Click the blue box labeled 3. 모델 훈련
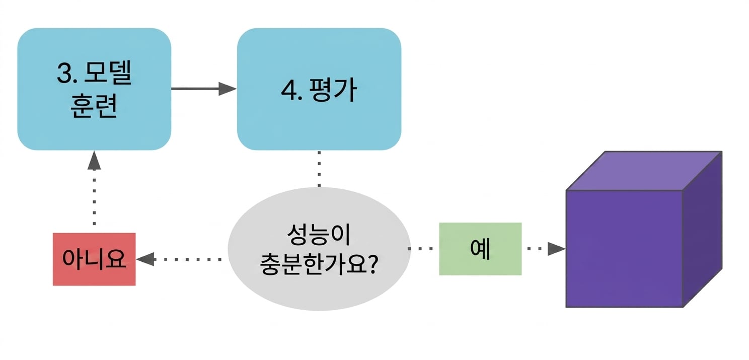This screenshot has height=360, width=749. (x=94, y=89)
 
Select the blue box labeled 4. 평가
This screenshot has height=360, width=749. (x=319, y=89)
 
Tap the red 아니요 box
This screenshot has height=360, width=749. (x=94, y=259)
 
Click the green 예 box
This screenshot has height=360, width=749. (x=480, y=249)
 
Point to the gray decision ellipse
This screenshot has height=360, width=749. (x=319, y=249)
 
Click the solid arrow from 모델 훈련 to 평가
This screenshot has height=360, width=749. (x=204, y=89)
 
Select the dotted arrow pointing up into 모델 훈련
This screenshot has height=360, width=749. (x=94, y=188)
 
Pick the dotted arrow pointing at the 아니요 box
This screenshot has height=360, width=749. (x=179, y=259)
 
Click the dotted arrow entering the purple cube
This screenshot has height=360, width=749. (x=546, y=249)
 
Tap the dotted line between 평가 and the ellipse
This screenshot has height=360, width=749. (x=319, y=169)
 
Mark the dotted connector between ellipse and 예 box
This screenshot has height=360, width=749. (x=420, y=249)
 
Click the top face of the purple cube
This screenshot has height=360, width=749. (x=644, y=171)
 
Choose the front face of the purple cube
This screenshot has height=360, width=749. (x=624, y=249)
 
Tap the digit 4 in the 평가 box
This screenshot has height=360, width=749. (x=289, y=90)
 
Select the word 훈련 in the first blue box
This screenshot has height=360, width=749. (x=94, y=105)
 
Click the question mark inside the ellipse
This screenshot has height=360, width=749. (x=371, y=264)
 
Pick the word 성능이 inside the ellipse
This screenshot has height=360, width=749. (x=319, y=234)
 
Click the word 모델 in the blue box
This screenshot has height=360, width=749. (x=108, y=73)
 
